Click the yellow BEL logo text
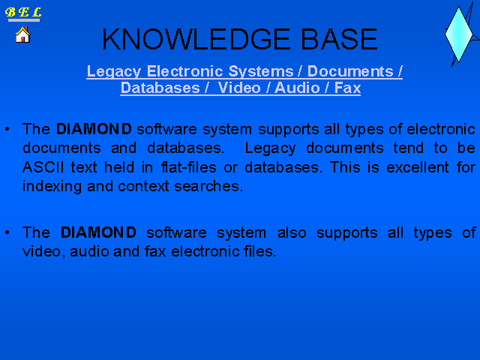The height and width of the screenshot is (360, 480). click(x=23, y=12)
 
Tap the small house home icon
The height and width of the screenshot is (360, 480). click(x=22, y=34)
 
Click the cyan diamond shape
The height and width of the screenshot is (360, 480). click(x=458, y=34)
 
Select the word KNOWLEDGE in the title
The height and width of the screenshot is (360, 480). click(x=196, y=39)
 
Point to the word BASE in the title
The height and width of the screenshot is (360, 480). click(x=339, y=39)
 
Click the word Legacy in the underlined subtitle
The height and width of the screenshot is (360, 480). click(x=113, y=72)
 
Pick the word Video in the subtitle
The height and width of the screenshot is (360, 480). click(x=239, y=88)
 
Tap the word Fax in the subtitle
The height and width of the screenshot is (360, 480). click(x=347, y=88)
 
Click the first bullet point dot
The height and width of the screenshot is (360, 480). click(x=7, y=129)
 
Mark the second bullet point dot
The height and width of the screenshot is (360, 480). click(x=7, y=232)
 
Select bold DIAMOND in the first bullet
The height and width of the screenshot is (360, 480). click(x=94, y=129)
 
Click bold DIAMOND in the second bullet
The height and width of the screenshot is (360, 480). click(x=98, y=232)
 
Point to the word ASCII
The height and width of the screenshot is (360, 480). click(x=43, y=167)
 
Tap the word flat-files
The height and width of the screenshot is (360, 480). click(x=189, y=167)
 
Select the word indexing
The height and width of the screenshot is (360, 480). click(x=52, y=187)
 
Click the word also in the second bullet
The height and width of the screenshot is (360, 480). click(x=292, y=232)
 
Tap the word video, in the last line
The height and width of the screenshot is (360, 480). click(x=44, y=251)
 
